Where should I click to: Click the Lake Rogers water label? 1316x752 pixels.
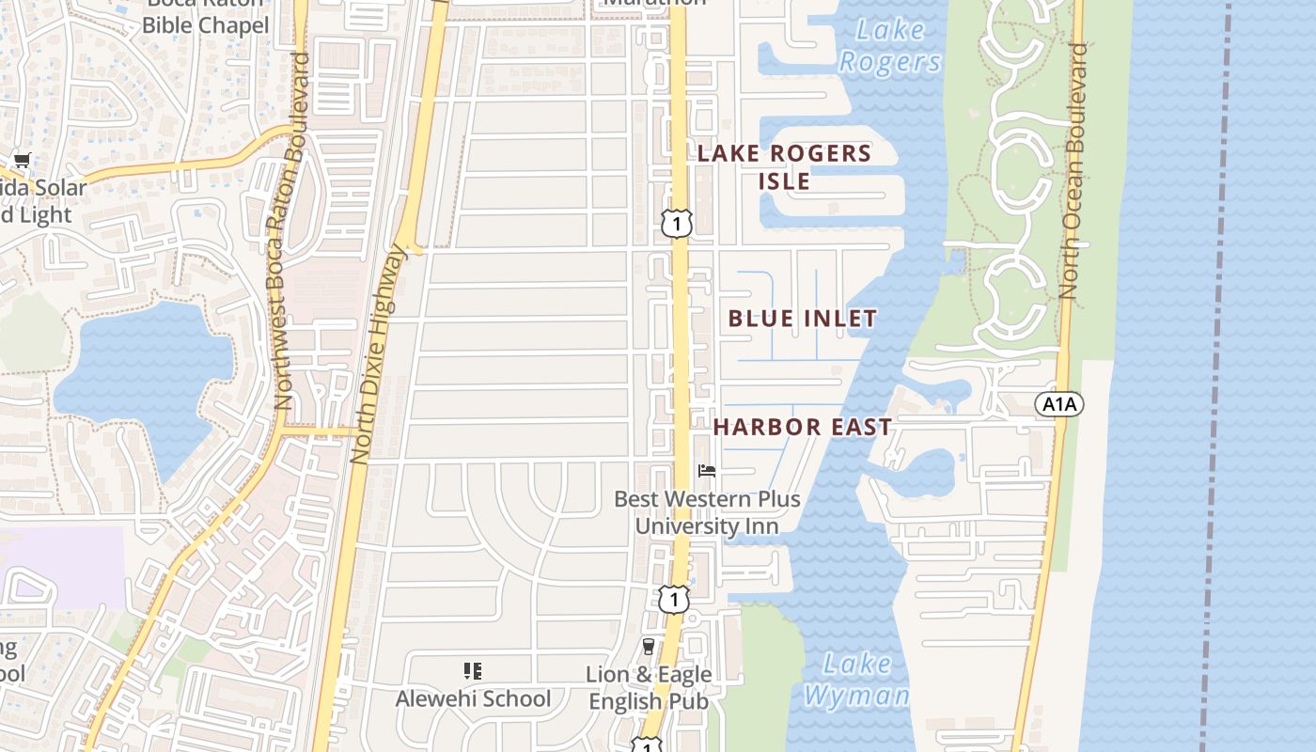click(888, 46)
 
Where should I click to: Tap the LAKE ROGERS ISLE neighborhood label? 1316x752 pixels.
click(784, 166)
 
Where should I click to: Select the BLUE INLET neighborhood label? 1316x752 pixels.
click(803, 319)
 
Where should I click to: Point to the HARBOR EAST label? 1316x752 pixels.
click(802, 427)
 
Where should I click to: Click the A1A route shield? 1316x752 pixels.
click(1059, 404)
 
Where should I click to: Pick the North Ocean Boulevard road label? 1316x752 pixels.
click(1073, 171)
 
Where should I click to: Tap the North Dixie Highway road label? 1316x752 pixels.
click(376, 353)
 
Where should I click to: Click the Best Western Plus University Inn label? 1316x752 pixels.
click(707, 512)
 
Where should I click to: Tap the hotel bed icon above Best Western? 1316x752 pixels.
click(707, 470)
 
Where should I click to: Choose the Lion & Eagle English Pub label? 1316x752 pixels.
click(649, 687)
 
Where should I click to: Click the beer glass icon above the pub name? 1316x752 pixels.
click(648, 646)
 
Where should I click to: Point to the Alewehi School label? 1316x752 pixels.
click(473, 698)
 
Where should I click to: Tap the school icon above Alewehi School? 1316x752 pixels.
click(473, 671)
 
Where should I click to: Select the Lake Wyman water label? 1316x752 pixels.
click(856, 680)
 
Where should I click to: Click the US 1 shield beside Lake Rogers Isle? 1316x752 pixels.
click(676, 223)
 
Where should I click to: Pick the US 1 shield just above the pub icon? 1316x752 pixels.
click(673, 599)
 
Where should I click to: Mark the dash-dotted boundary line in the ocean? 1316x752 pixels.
click(1216, 376)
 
